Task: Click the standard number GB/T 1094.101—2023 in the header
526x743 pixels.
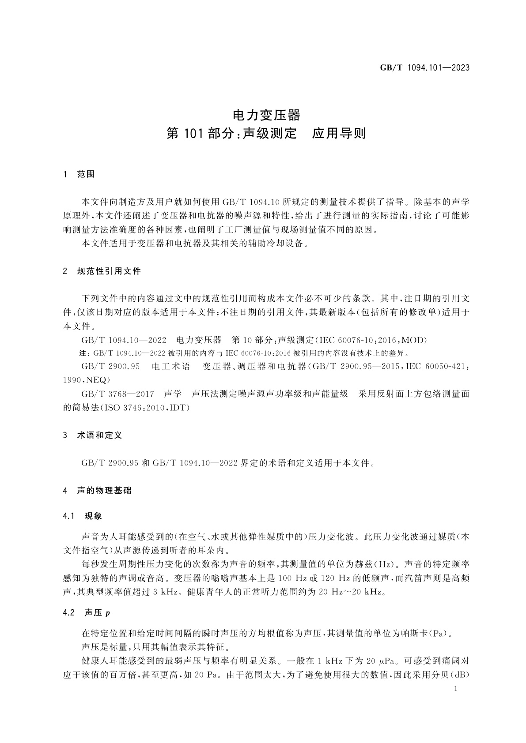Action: click(424, 68)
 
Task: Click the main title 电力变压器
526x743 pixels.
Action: click(266, 116)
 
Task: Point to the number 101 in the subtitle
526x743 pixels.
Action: click(193, 134)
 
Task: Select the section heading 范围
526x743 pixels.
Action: click(86, 175)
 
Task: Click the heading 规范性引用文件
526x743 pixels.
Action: click(109, 271)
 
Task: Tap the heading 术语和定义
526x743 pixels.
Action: click(99, 435)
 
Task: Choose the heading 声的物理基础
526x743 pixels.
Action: click(104, 491)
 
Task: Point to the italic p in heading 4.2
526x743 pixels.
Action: click(107, 613)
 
